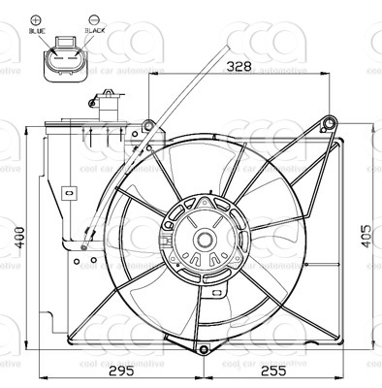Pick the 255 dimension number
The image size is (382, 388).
click(x=273, y=372)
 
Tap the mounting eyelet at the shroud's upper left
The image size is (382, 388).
click(x=147, y=123)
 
